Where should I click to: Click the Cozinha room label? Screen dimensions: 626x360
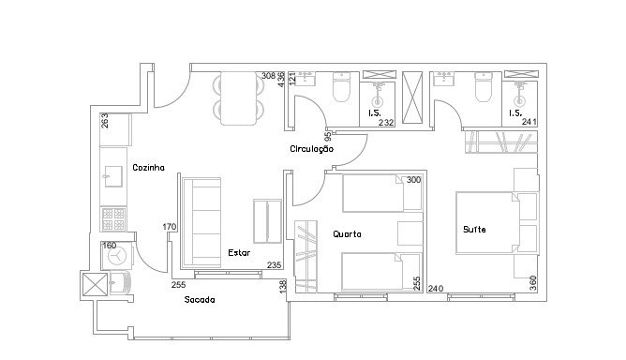pos(148,168)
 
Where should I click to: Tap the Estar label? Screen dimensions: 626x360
pos(239,253)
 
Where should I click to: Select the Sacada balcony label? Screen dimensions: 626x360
pos(200,300)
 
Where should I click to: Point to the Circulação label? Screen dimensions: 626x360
pos(312,149)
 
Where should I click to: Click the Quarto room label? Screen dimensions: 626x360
pos(347,234)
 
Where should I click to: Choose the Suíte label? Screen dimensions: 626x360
pos(474,230)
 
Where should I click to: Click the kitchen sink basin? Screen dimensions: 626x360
pos(113,176)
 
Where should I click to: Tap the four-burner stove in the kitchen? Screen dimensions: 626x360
pos(113,219)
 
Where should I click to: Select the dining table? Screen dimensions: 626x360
pos(239,98)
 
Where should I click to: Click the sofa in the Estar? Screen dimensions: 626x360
pos(201,223)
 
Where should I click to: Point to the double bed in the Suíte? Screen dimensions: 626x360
pos(488,223)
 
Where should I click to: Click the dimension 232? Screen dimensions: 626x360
pos(386,123)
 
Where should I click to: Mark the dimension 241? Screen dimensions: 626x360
pos(529,122)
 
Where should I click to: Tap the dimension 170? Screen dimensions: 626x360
pos(170,227)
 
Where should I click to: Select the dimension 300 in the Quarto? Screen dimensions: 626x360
pos(413,180)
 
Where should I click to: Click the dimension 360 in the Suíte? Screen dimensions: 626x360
pos(533,283)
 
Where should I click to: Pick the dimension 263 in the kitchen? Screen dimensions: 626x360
pos(105,121)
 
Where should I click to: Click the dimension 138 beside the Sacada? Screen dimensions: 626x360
pos(283,287)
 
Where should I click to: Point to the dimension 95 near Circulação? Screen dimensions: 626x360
pos(328,137)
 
